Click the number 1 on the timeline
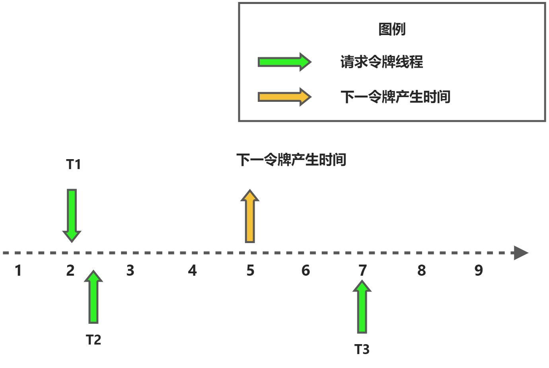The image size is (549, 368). (x=18, y=271)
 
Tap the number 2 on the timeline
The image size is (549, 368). (x=70, y=271)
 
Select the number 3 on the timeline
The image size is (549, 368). (x=130, y=271)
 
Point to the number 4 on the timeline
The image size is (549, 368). (x=192, y=271)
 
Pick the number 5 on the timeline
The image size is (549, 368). (x=250, y=271)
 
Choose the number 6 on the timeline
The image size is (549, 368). (x=306, y=271)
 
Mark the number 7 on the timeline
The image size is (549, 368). (x=362, y=271)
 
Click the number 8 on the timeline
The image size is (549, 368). (x=422, y=271)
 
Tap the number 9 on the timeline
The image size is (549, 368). (x=479, y=271)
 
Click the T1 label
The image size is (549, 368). (x=74, y=164)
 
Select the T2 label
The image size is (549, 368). (x=93, y=340)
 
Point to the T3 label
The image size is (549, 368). (x=362, y=349)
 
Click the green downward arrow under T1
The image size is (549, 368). (x=72, y=215)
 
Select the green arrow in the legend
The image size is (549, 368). (x=284, y=62)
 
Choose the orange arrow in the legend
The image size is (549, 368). (x=284, y=97)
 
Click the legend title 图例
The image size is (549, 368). (x=392, y=29)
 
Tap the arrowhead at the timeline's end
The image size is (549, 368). (x=521, y=253)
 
